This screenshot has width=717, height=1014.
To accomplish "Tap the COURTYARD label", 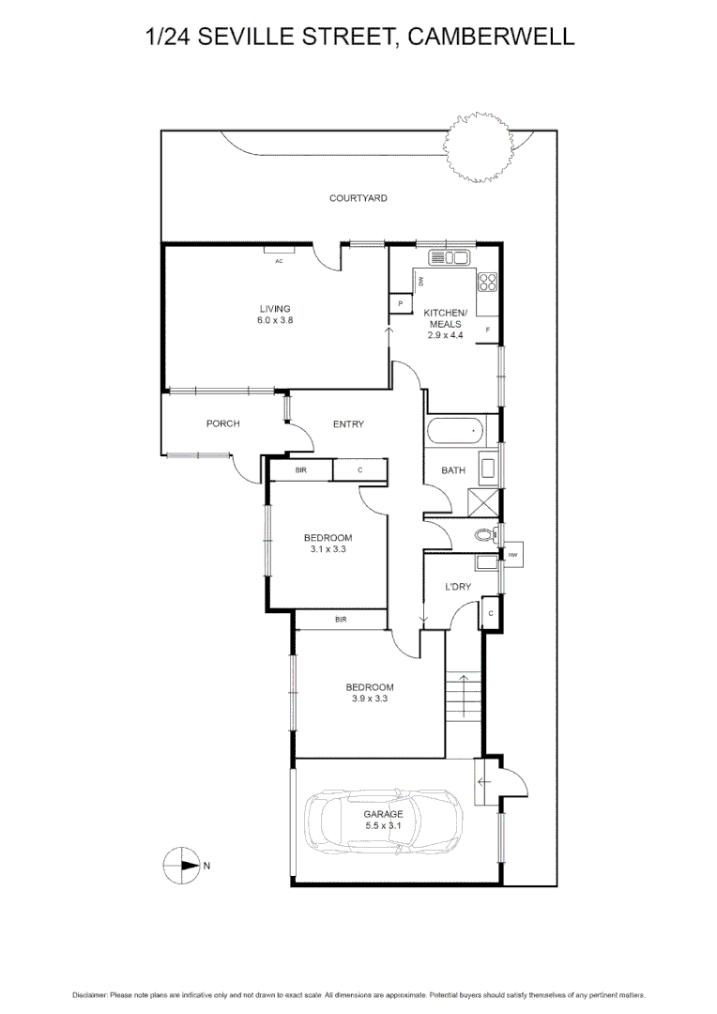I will pyautogui.click(x=358, y=198).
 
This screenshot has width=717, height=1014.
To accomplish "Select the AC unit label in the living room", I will pyautogui.click(x=279, y=261).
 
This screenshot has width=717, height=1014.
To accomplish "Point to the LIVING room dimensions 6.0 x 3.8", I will pyautogui.click(x=275, y=320).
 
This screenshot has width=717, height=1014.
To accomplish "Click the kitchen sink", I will pyautogui.click(x=449, y=258).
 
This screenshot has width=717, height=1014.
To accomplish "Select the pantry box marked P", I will pyautogui.click(x=401, y=304).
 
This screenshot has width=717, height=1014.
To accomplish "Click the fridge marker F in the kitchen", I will pyautogui.click(x=488, y=330).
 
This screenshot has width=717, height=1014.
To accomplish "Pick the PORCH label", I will pyautogui.click(x=222, y=423).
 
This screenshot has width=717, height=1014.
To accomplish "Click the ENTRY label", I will pyautogui.click(x=348, y=424).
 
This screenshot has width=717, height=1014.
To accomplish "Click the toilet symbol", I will pyautogui.click(x=484, y=537).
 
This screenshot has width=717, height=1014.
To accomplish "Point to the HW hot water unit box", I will pyautogui.click(x=512, y=556).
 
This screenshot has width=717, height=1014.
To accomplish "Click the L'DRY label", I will pyautogui.click(x=458, y=587).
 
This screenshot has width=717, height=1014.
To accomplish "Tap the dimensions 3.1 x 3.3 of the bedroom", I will pyautogui.click(x=328, y=549).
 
